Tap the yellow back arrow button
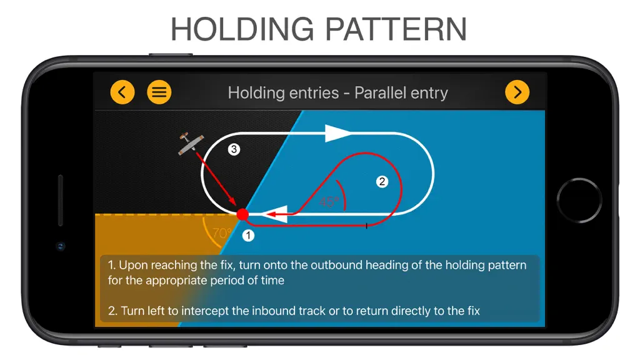pos(122,92)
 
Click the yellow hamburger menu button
pos(159,92)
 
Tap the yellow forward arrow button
pos(517,92)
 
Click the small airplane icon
pos(191,143)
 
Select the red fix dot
pos(242,214)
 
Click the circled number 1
pos(248,236)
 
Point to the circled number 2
pos(382,182)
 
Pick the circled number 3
pos(234,149)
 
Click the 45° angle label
pos(329,202)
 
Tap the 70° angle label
pos(222,233)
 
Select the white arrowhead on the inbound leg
pos(276,214)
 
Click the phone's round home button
pos(579,201)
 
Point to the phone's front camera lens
pos(61,246)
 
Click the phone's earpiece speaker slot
pos(61,200)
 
